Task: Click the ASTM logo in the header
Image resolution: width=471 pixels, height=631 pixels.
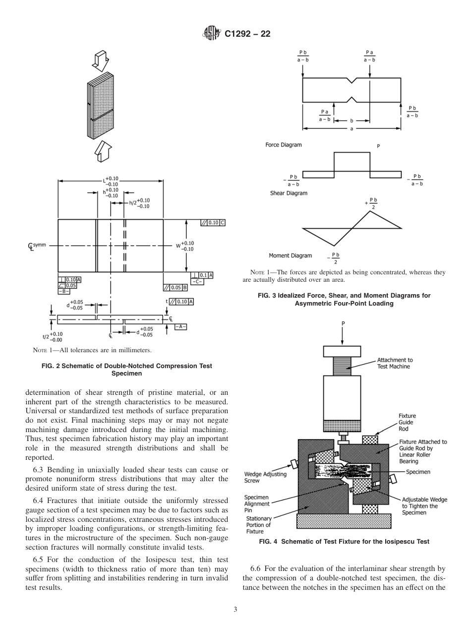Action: [x=211, y=34]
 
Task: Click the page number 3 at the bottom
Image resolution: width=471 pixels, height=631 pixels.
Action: [x=235, y=610]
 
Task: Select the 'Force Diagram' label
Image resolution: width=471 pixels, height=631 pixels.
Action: [x=283, y=145]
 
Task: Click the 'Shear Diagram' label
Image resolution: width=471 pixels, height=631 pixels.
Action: [x=289, y=193]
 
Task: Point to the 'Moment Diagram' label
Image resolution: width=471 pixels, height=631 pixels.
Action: [x=290, y=256]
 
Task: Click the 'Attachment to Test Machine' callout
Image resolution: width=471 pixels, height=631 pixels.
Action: [x=395, y=363]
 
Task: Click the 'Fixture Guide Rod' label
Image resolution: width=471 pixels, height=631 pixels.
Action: [x=407, y=422]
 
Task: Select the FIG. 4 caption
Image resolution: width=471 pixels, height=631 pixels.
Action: [x=344, y=542]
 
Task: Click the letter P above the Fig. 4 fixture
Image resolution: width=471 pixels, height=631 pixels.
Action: [x=343, y=323]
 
